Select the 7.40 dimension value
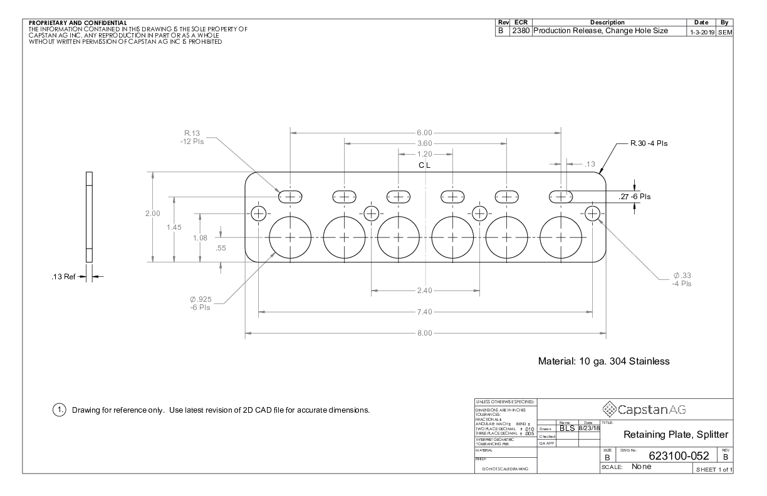tap(424, 311)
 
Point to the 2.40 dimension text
tap(424, 291)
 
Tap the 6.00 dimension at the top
tap(424, 133)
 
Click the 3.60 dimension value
tap(424, 143)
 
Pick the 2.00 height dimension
tap(153, 214)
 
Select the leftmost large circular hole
tap(291, 238)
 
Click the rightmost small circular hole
tap(593, 213)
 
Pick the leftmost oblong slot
tap(291, 196)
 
